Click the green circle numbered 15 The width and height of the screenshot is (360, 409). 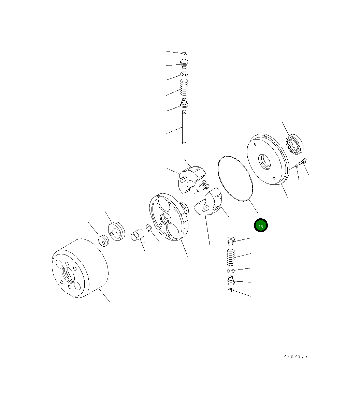(x=261, y=225)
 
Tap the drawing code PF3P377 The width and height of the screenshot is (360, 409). (x=296, y=356)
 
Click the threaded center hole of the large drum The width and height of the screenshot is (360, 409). (x=68, y=273)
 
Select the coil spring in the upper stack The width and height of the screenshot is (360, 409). (x=184, y=87)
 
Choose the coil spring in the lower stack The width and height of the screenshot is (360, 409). (x=231, y=258)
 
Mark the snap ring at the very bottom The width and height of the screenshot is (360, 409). (x=231, y=290)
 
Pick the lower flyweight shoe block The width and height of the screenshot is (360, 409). (x=209, y=203)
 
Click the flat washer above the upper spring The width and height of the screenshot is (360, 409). (x=184, y=74)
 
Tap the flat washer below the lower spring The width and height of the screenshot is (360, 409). (x=230, y=271)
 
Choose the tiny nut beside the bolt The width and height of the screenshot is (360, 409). (x=296, y=166)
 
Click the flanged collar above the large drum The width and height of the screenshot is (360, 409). (x=117, y=232)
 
